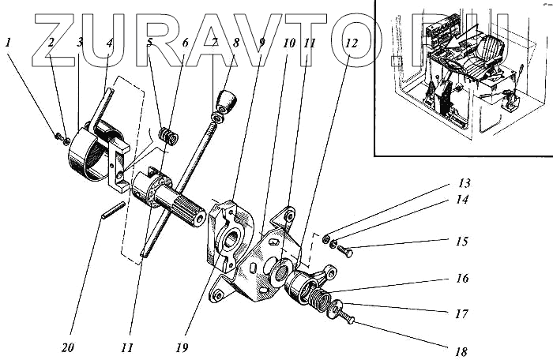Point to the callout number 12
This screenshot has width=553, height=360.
[350, 43]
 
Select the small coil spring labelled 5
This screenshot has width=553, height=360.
[168, 136]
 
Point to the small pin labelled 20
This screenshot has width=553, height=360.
[112, 211]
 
